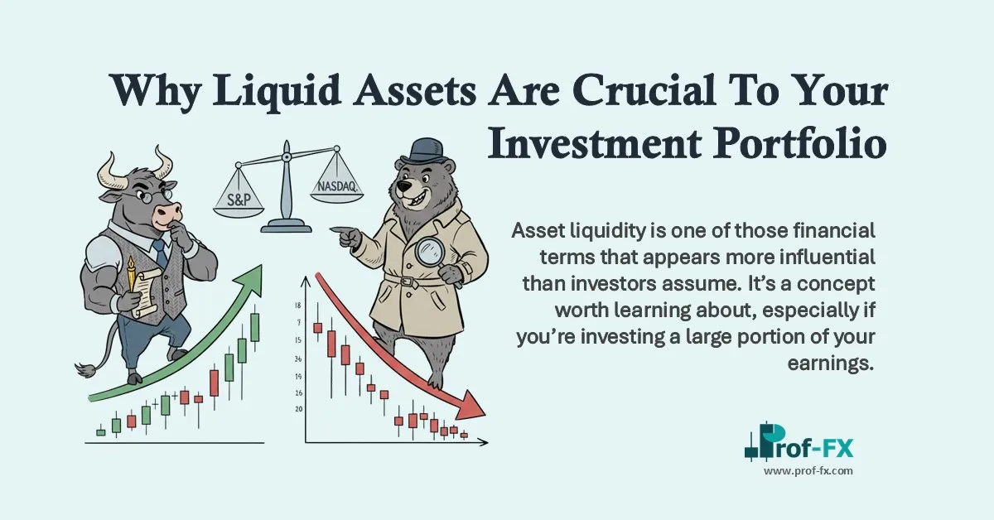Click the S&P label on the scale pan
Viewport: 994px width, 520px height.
pos(239,200)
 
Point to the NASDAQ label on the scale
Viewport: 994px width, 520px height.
pos(336,187)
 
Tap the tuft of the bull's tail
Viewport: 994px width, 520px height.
pos(83,368)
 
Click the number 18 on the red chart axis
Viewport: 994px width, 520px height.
pos(297,306)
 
